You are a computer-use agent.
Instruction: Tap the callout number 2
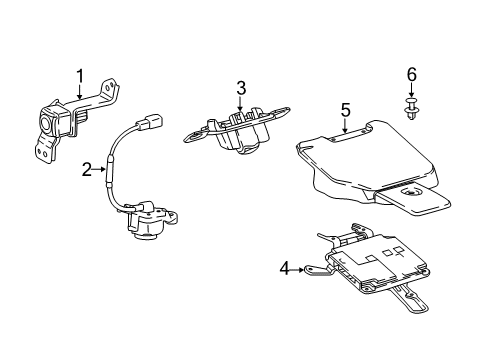coord(87,170)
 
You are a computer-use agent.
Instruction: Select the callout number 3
coord(240,89)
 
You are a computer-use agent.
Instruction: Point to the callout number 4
coord(286,267)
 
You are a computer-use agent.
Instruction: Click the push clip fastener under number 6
coord(410,108)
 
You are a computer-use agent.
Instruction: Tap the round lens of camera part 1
coord(48,124)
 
